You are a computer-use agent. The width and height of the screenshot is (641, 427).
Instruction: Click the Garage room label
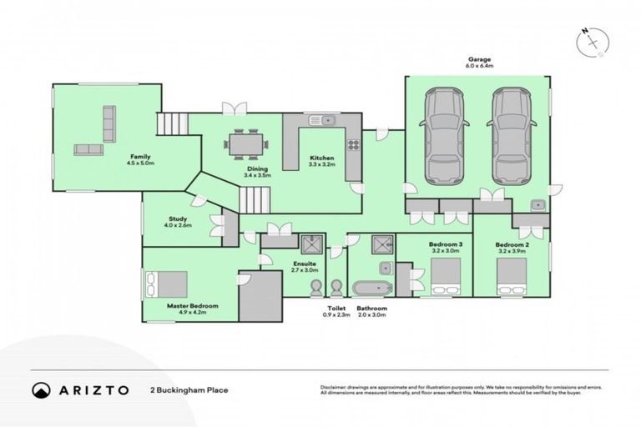(478, 58)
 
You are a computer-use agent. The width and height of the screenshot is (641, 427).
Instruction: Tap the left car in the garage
(442, 138)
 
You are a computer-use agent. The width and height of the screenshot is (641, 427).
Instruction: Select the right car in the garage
(511, 138)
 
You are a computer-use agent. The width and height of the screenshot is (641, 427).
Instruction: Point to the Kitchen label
(322, 158)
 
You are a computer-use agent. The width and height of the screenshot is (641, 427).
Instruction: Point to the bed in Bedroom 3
(444, 276)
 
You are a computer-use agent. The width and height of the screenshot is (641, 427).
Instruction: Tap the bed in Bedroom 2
(511, 276)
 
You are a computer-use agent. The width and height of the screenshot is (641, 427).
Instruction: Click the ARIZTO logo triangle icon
(41, 389)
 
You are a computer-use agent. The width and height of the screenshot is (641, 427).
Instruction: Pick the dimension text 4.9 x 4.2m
(192, 314)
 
